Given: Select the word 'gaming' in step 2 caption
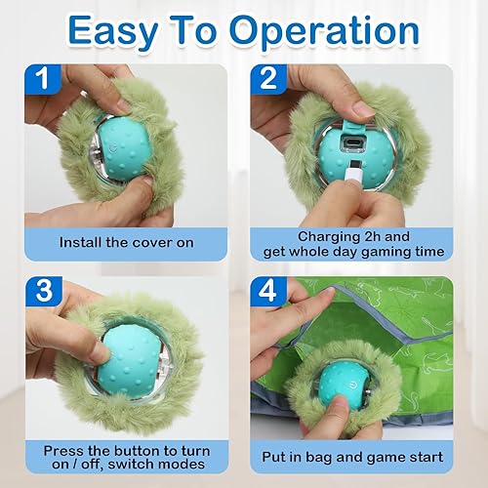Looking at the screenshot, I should pos(391,253).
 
